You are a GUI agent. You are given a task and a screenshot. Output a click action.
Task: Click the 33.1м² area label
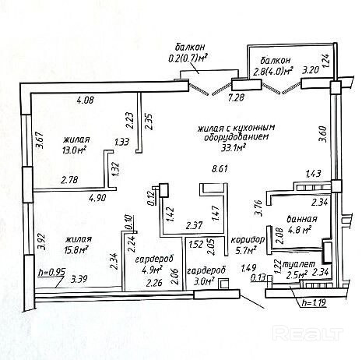[x=234, y=147]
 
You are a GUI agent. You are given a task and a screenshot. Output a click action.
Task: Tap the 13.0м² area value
[x=74, y=150]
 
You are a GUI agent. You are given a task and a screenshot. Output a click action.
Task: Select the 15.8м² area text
[x=77, y=250]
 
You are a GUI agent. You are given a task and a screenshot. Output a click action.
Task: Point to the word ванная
[x=302, y=219]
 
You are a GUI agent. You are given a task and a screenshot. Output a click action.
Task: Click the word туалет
[x=298, y=263]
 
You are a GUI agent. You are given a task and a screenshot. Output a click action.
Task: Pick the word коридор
[x=248, y=239]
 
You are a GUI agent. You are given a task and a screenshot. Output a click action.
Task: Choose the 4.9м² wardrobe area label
[x=152, y=270]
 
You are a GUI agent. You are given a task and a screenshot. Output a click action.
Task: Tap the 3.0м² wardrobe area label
[x=204, y=280]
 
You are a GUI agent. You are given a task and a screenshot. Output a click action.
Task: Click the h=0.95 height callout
[x=51, y=273]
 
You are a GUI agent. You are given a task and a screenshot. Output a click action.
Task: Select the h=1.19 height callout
[x=314, y=303]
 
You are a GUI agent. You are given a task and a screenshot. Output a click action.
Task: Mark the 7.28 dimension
[x=236, y=97]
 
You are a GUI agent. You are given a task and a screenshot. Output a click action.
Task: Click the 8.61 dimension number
[x=220, y=169]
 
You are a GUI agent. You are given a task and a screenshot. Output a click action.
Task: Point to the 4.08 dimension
[x=86, y=100]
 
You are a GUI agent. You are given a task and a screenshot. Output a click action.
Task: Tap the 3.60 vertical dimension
[x=322, y=134]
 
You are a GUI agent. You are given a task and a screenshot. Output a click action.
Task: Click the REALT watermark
[x=308, y=333]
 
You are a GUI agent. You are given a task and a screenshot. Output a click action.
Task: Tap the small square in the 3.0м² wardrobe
[x=223, y=284]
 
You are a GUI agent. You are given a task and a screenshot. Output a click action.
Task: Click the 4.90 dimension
[x=97, y=199]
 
